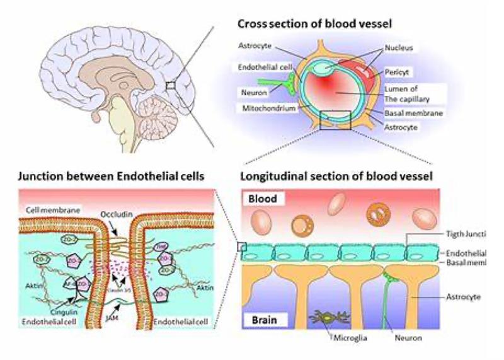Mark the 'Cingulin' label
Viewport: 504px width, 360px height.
60,309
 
